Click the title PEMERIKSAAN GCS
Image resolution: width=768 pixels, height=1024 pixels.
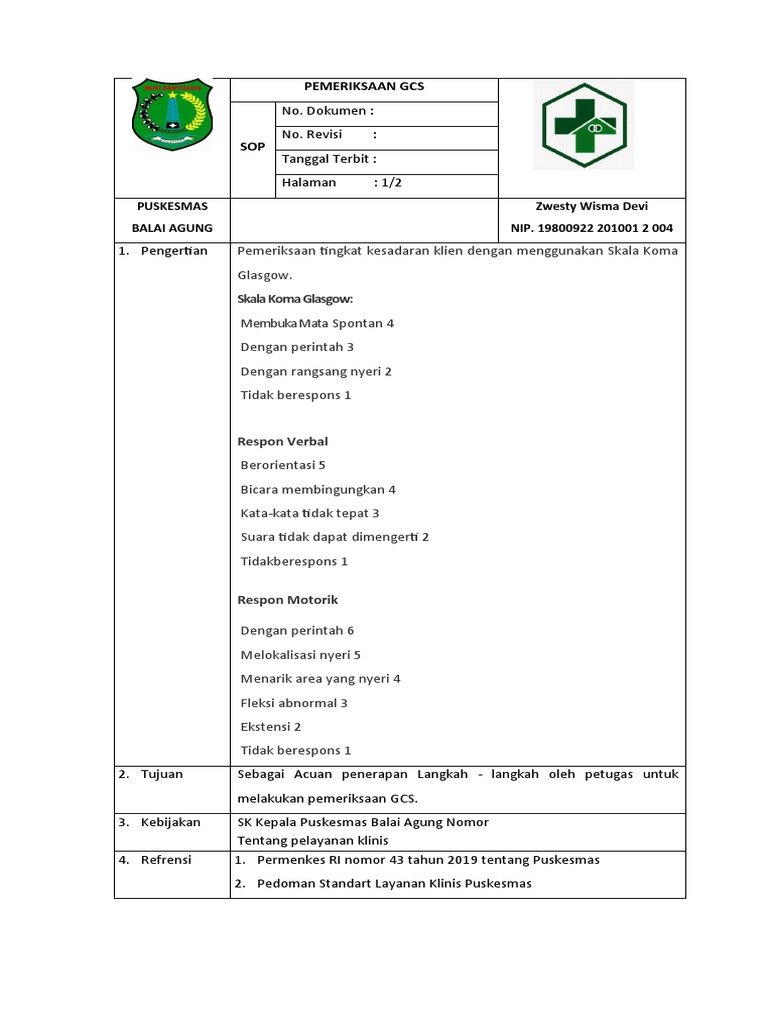[x=364, y=87]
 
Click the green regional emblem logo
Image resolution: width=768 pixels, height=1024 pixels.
[x=172, y=115]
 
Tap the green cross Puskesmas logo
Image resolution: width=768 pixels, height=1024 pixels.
[x=582, y=125]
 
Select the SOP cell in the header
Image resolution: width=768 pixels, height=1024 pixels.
[x=253, y=147]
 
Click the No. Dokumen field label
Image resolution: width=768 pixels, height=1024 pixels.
[x=328, y=112]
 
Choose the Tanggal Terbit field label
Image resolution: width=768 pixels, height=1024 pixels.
[x=329, y=159]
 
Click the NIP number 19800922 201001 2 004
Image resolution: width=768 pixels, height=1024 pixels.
[x=592, y=228]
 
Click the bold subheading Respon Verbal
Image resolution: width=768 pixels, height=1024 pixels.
[x=282, y=441]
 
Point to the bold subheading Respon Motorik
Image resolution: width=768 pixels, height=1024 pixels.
[x=287, y=600]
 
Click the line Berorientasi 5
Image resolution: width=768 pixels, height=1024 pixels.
[x=283, y=465]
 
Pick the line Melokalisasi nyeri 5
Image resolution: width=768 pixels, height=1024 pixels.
[x=300, y=655]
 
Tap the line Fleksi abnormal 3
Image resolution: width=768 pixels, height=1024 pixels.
[x=294, y=703]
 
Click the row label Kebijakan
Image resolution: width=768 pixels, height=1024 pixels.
[x=170, y=822]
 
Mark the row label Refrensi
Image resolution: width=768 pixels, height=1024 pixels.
[x=166, y=860]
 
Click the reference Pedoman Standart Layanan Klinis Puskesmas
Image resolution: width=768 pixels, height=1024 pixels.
[x=394, y=883]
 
